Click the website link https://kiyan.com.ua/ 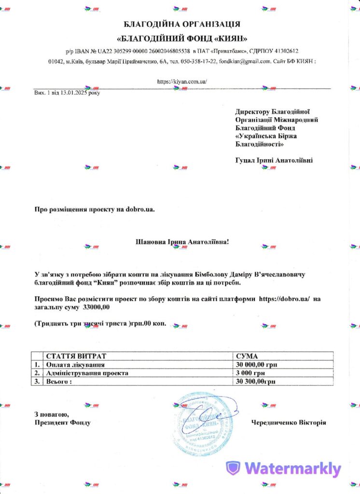click(182, 82)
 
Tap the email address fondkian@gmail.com click(245, 62)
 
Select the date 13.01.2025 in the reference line click(73, 92)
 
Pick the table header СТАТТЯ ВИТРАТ click(73, 356)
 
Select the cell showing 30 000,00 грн click(257, 365)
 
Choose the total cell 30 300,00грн click(256, 382)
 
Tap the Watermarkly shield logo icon click(234, 467)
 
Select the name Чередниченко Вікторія click(289, 423)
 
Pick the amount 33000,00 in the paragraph click(97, 307)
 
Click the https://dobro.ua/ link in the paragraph click(287, 299)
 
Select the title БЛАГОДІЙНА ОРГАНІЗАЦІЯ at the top click(182, 24)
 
